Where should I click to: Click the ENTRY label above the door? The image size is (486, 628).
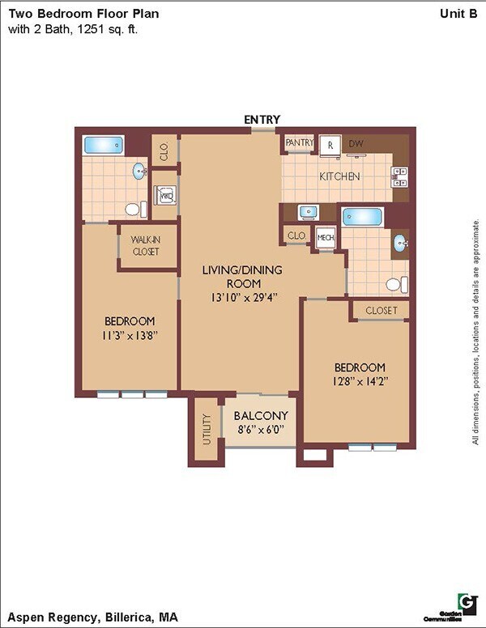click(262, 120)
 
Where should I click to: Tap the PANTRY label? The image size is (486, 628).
click(299, 143)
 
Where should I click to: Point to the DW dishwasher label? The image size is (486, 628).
click(356, 144)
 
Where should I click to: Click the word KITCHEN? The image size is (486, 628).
click(339, 176)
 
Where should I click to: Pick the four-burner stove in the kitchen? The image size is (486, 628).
click(399, 176)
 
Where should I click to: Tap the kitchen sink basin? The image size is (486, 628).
click(309, 213)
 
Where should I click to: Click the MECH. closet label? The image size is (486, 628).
click(326, 237)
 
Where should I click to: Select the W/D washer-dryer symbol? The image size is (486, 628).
click(165, 196)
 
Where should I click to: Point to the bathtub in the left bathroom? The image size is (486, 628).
click(103, 146)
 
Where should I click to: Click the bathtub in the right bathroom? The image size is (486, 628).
click(361, 217)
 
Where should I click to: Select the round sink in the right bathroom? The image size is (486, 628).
click(399, 242)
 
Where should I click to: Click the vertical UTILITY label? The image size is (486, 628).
click(207, 429)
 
